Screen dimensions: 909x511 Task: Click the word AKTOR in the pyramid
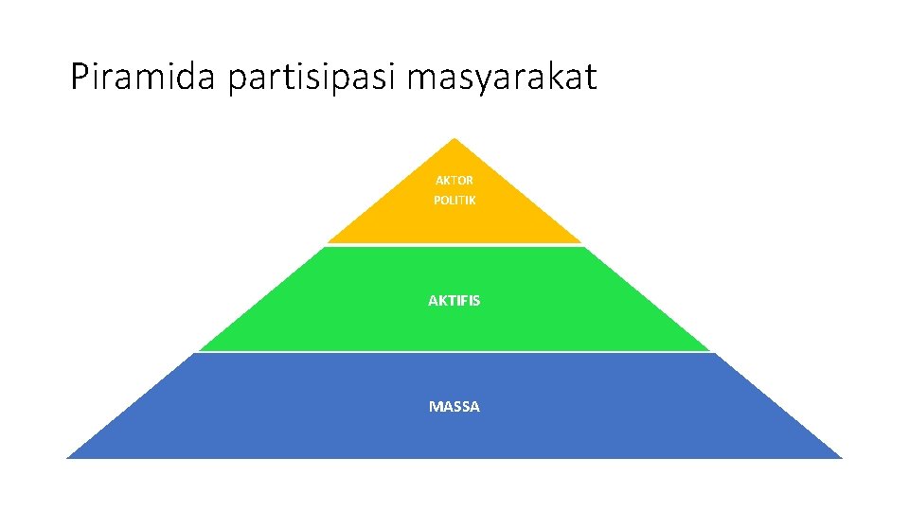[x=454, y=180]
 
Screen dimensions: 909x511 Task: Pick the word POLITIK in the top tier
[x=454, y=201]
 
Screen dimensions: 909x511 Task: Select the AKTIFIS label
[x=454, y=300]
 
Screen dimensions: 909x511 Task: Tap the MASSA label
[x=454, y=406]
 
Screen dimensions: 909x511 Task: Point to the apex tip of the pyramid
[x=454, y=140]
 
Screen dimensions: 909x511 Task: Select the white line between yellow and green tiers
[x=454, y=245]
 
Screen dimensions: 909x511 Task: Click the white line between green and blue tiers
[x=454, y=352]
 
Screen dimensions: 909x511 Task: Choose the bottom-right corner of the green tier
[x=709, y=349]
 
